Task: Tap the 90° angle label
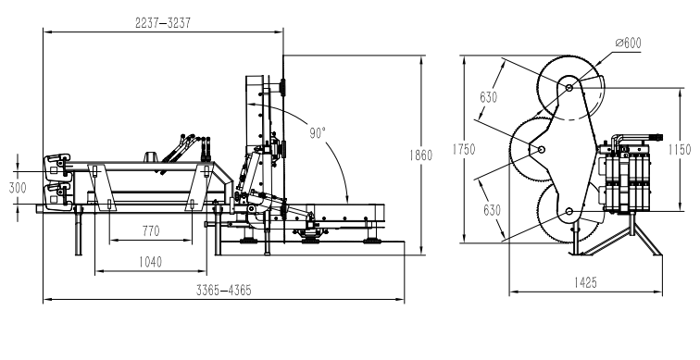(x=318, y=133)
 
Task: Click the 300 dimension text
(x=18, y=187)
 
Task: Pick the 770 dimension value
(x=151, y=230)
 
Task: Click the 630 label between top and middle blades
(x=489, y=97)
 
